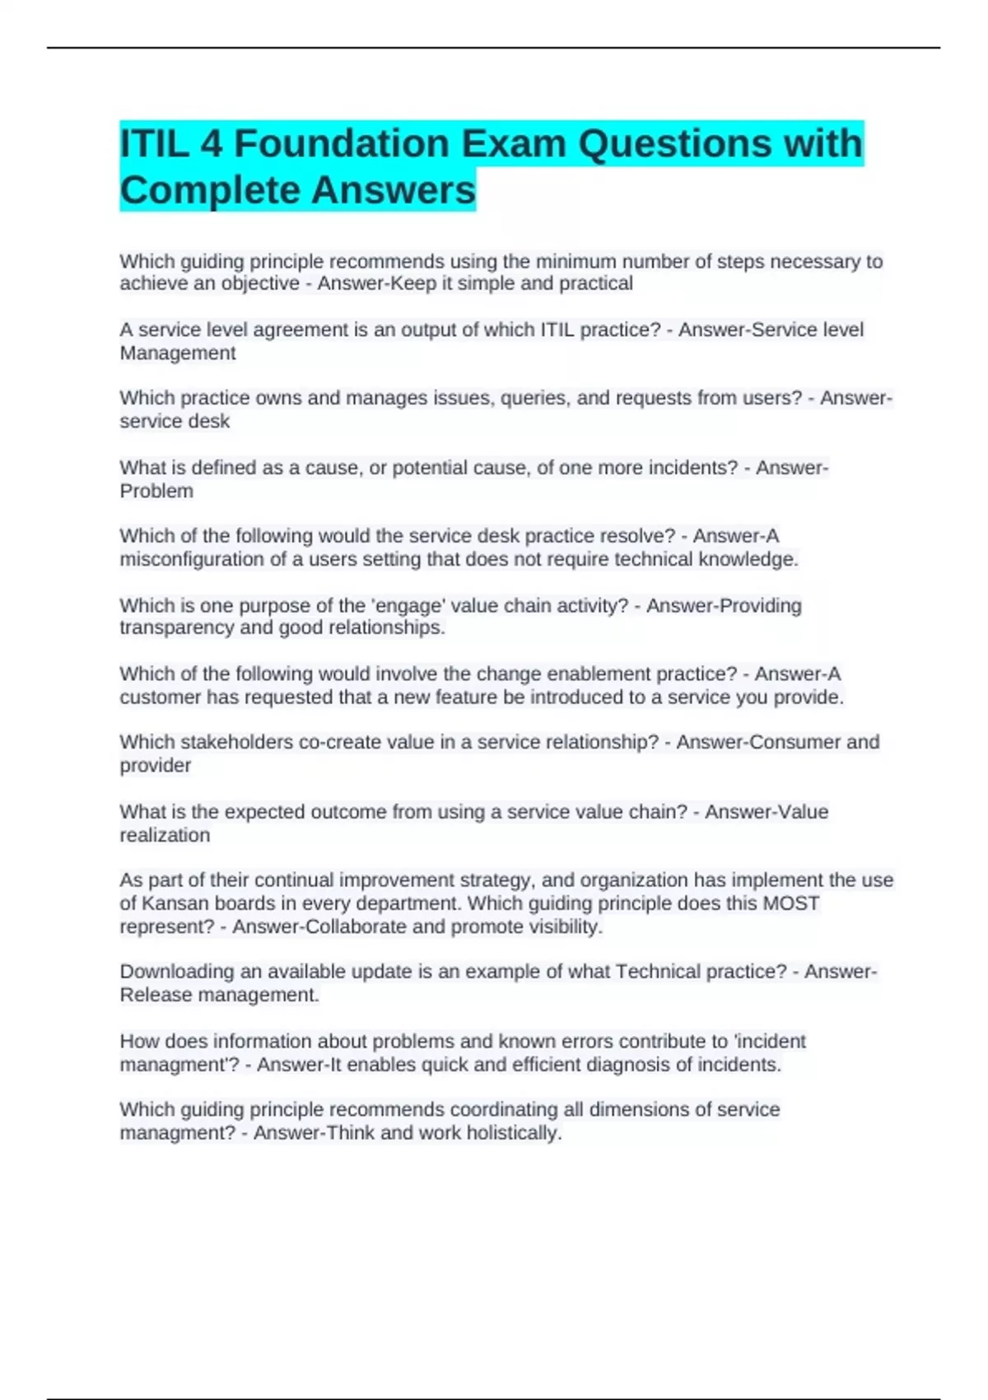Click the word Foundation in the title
(x=341, y=144)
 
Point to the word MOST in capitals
(x=790, y=903)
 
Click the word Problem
(x=156, y=491)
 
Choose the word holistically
(x=514, y=1133)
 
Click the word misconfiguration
(x=187, y=559)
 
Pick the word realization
(x=165, y=835)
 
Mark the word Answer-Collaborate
(x=319, y=926)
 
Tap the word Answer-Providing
(x=723, y=605)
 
